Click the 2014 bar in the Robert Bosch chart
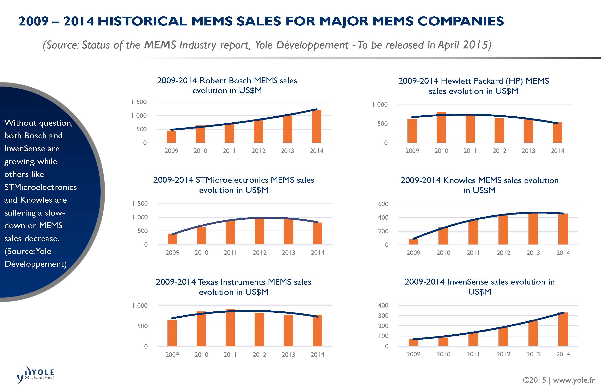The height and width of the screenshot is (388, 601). click(316, 126)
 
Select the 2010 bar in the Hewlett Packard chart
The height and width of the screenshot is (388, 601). click(441, 127)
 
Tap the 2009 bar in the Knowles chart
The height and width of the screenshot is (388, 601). click(413, 242)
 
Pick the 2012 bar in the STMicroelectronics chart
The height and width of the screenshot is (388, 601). click(260, 231)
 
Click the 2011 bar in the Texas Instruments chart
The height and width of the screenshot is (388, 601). click(230, 328)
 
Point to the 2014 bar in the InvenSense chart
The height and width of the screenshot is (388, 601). click(563, 329)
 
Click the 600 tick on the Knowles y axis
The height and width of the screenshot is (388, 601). click(383, 204)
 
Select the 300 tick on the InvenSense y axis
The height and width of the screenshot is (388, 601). click(383, 316)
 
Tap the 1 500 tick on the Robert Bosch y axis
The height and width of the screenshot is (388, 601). click(139, 102)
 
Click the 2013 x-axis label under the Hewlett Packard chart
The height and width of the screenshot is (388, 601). click(528, 151)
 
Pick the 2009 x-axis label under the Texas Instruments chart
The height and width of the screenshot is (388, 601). click(172, 355)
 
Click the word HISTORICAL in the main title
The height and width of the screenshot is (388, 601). click(142, 21)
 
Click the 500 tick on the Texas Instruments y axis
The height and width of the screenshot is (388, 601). click(142, 326)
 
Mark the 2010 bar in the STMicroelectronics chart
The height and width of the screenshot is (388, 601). click(201, 236)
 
